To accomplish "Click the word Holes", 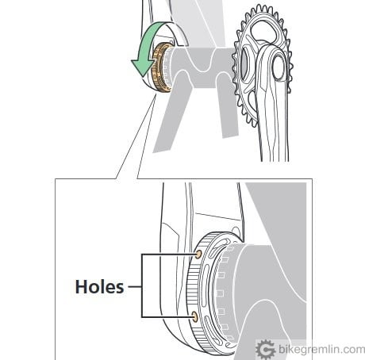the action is click(x=99, y=287).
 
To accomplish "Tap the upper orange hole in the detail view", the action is click(x=198, y=255).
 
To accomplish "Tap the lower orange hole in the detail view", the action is click(x=194, y=316).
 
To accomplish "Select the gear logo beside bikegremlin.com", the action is click(x=266, y=350).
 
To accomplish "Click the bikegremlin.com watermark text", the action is click(x=322, y=350).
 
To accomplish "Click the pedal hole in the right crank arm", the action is click(x=279, y=67).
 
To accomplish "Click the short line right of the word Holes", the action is click(x=135, y=286).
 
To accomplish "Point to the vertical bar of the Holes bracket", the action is click(x=142, y=285).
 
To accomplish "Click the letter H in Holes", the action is click(x=81, y=287).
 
